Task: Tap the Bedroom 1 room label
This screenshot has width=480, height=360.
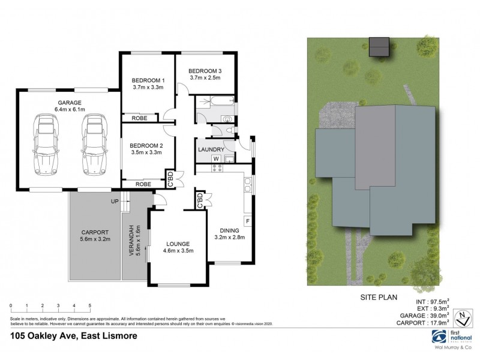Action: [148, 80]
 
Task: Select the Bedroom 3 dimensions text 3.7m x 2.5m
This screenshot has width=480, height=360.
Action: [205, 77]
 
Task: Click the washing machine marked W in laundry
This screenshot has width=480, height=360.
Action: [215, 158]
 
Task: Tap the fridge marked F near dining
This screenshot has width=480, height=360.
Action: [247, 221]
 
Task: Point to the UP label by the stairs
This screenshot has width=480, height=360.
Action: [115, 202]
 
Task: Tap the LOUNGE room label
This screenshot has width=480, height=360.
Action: [178, 244]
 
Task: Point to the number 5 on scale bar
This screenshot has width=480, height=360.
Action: [89, 305]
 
